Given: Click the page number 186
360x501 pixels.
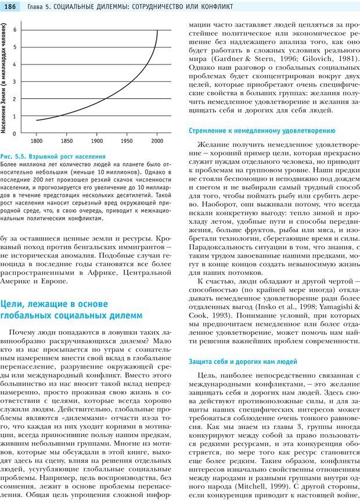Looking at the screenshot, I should [x=12, y=6].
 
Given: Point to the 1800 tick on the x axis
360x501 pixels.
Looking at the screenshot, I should [x=37, y=141].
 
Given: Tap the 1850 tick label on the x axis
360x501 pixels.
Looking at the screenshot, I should [x=67, y=141].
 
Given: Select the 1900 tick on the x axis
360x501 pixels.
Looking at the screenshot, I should [x=96, y=141].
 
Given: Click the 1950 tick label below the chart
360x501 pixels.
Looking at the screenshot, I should [x=127, y=141].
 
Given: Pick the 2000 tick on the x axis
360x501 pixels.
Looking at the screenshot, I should [x=157, y=141].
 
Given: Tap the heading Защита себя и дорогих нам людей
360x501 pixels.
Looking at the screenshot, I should [x=243, y=361].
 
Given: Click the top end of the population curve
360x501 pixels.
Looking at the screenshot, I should [x=157, y=30].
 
